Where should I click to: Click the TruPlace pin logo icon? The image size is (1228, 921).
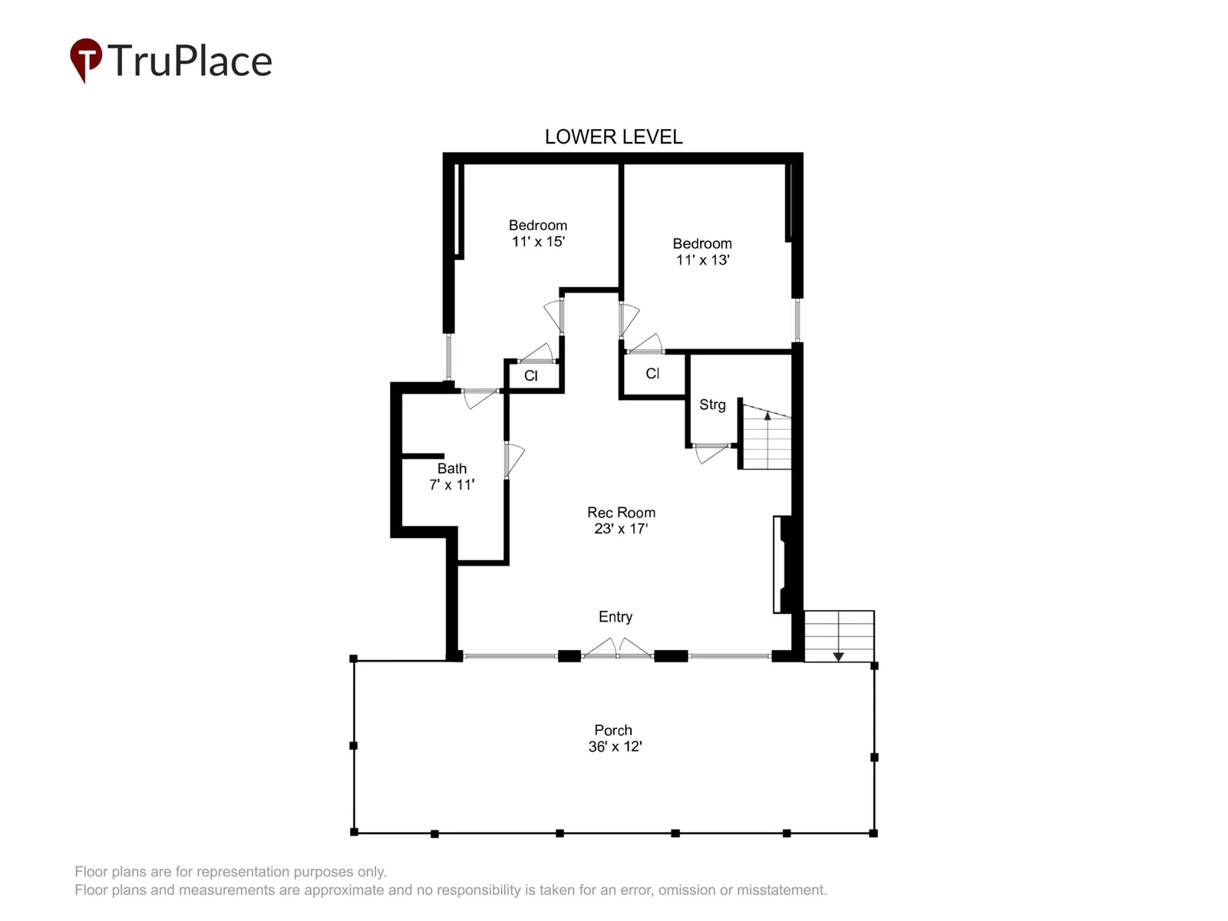(86, 59)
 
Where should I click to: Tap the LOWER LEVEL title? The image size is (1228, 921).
(613, 137)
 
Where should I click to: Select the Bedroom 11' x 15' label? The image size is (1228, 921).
(538, 233)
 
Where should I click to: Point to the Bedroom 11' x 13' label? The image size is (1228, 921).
(702, 252)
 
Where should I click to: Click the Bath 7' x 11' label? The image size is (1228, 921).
(451, 477)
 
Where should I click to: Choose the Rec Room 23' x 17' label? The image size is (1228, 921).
(621, 520)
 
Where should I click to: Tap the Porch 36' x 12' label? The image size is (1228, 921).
(614, 738)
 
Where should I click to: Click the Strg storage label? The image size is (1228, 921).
(712, 404)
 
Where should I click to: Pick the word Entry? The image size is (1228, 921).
(616, 617)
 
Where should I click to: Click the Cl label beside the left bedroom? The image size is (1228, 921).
(531, 376)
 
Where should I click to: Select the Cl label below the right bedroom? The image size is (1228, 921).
(652, 373)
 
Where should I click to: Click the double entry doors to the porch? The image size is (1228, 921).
(617, 649)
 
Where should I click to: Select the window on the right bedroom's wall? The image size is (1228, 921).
(797, 320)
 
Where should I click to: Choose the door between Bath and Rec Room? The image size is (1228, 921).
(513, 460)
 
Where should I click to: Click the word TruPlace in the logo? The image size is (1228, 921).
(190, 60)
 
